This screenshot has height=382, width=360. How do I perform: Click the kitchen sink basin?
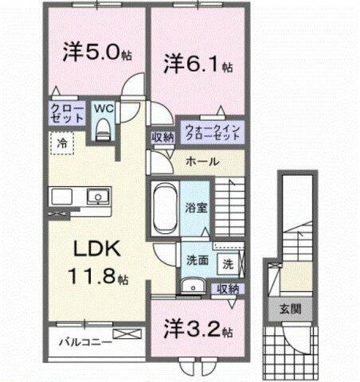coord(96,195)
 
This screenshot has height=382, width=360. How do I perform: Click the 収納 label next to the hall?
coord(163,136)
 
